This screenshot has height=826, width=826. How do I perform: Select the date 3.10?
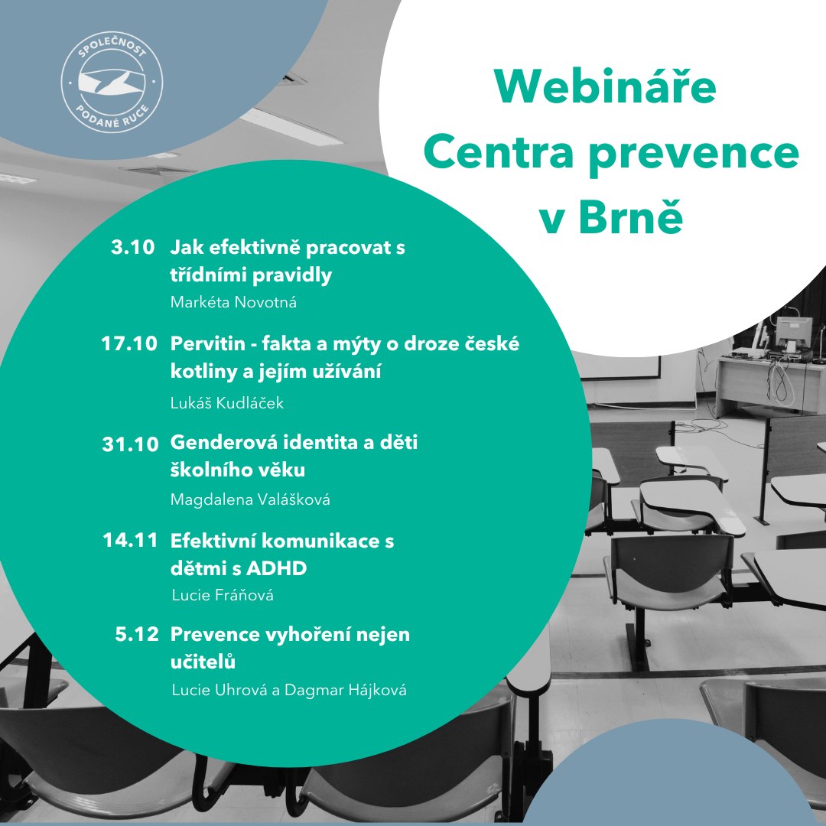(x=133, y=248)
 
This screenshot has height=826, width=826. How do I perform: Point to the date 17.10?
(x=129, y=344)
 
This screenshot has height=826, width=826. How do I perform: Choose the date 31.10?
(x=130, y=444)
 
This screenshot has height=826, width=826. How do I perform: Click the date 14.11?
(x=131, y=541)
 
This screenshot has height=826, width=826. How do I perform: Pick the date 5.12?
(x=137, y=634)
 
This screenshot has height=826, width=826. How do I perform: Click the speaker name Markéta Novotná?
(x=233, y=302)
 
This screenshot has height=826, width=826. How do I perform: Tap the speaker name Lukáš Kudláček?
(x=226, y=403)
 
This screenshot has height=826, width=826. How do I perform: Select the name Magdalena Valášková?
(x=249, y=499)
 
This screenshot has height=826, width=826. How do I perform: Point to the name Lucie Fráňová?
(x=222, y=595)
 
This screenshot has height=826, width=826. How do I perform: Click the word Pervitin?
(x=204, y=344)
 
